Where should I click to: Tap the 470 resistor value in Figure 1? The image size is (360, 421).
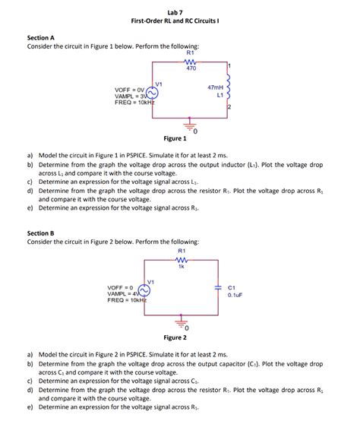191,68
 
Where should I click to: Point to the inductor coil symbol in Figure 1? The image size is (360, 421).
229,92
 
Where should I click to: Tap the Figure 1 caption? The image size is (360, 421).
175,138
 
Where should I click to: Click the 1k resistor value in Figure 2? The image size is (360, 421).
182,267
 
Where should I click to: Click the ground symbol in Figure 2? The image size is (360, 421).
180,324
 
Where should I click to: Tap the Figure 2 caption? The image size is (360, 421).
175,337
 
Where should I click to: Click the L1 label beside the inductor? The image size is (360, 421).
219,96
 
